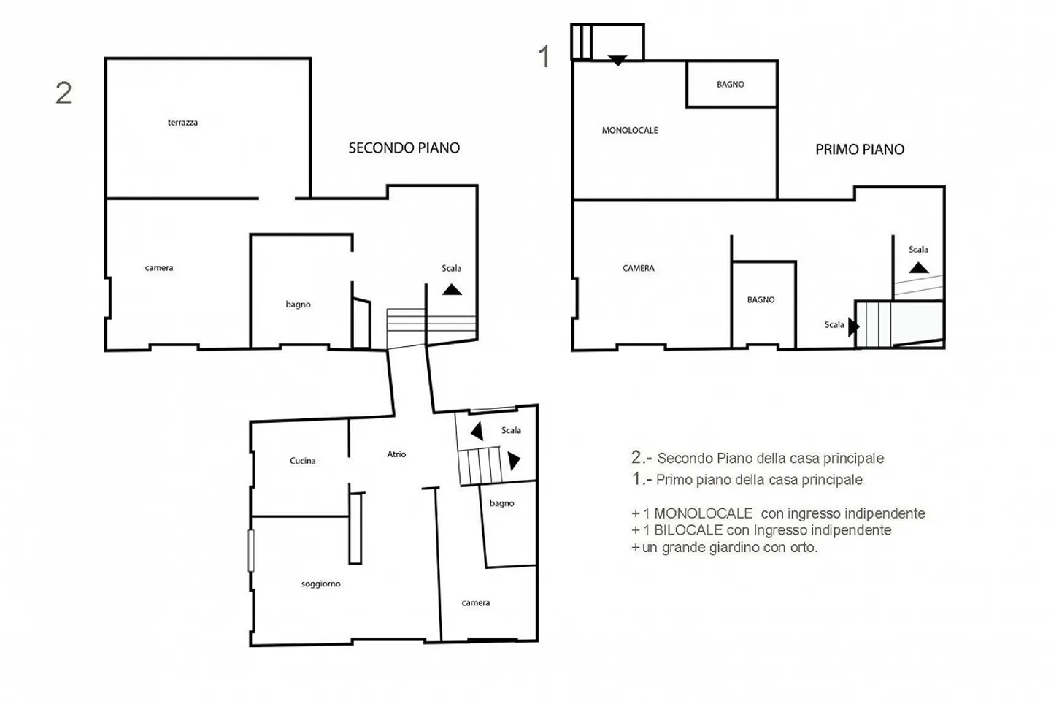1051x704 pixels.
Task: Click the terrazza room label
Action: [182, 123]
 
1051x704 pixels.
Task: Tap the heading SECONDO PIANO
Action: [404, 148]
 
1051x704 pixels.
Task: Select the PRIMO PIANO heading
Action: [860, 149]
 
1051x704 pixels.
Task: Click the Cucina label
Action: [303, 461]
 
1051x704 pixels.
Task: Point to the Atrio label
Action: [396, 454]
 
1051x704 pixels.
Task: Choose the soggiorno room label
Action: [321, 584]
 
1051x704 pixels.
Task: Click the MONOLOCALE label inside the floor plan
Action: [630, 131]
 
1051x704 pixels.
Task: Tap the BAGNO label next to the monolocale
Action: [730, 85]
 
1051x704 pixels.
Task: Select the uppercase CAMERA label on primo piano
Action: [638, 268]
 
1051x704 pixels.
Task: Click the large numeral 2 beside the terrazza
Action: [63, 93]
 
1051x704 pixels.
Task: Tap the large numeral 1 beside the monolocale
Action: [544, 57]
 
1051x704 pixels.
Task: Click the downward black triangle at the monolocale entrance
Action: [617, 60]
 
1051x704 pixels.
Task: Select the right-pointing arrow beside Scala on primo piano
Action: [853, 327]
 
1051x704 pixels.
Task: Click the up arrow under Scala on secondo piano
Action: [452, 290]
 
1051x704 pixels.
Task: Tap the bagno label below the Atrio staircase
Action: [501, 504]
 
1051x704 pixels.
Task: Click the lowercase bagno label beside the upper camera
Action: [298, 305]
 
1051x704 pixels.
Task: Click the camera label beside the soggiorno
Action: [476, 603]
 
